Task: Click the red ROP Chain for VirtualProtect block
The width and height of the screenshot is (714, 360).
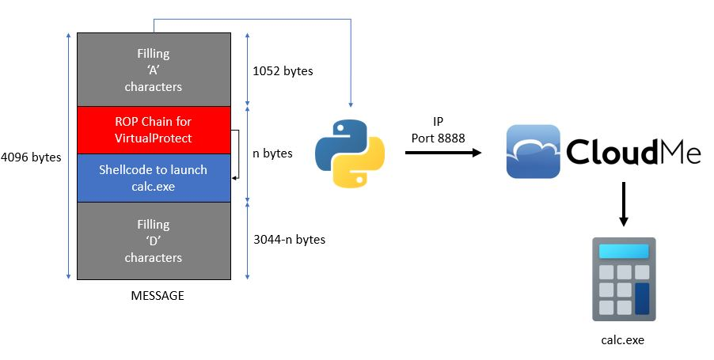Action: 154,130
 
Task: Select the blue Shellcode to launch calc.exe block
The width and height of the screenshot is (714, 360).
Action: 154,177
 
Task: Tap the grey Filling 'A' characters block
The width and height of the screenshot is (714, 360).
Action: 154,70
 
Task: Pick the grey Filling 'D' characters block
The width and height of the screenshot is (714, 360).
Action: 154,241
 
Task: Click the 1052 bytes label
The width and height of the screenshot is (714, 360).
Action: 283,71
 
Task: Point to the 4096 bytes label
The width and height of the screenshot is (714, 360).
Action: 31,157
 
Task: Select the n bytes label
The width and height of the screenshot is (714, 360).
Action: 272,153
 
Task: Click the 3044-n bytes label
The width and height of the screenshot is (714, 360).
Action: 288,239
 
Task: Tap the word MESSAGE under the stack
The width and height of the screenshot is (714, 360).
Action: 157,296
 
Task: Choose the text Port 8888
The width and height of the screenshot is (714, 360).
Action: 436,138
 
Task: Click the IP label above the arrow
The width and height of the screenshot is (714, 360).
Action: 437,123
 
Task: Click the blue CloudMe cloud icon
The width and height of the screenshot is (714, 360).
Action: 534,151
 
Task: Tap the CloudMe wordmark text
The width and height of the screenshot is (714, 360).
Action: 633,151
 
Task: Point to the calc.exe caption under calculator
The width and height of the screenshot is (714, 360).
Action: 624,340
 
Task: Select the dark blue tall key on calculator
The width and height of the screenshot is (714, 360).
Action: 641,298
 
